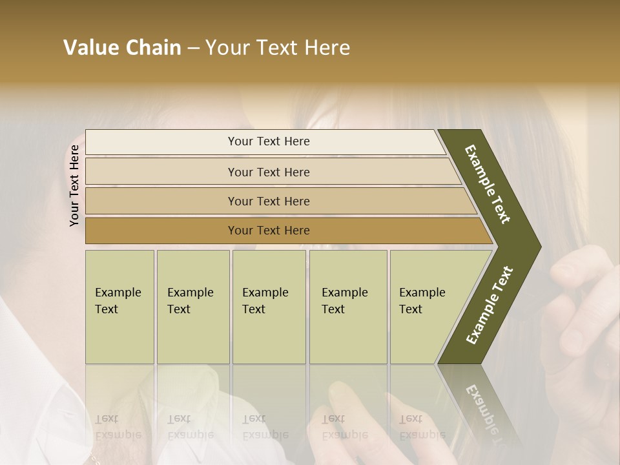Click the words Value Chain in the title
coord(122,48)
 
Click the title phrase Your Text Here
coord(278,48)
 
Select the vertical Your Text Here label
coord(74,185)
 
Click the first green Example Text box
coord(119,307)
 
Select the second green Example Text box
coord(192,307)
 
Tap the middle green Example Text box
coord(269,307)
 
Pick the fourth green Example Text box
coord(348,307)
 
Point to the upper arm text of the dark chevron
coord(488,185)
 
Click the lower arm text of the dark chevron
coord(490,305)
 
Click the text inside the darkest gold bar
coord(269,231)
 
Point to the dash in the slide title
coord(193,48)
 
